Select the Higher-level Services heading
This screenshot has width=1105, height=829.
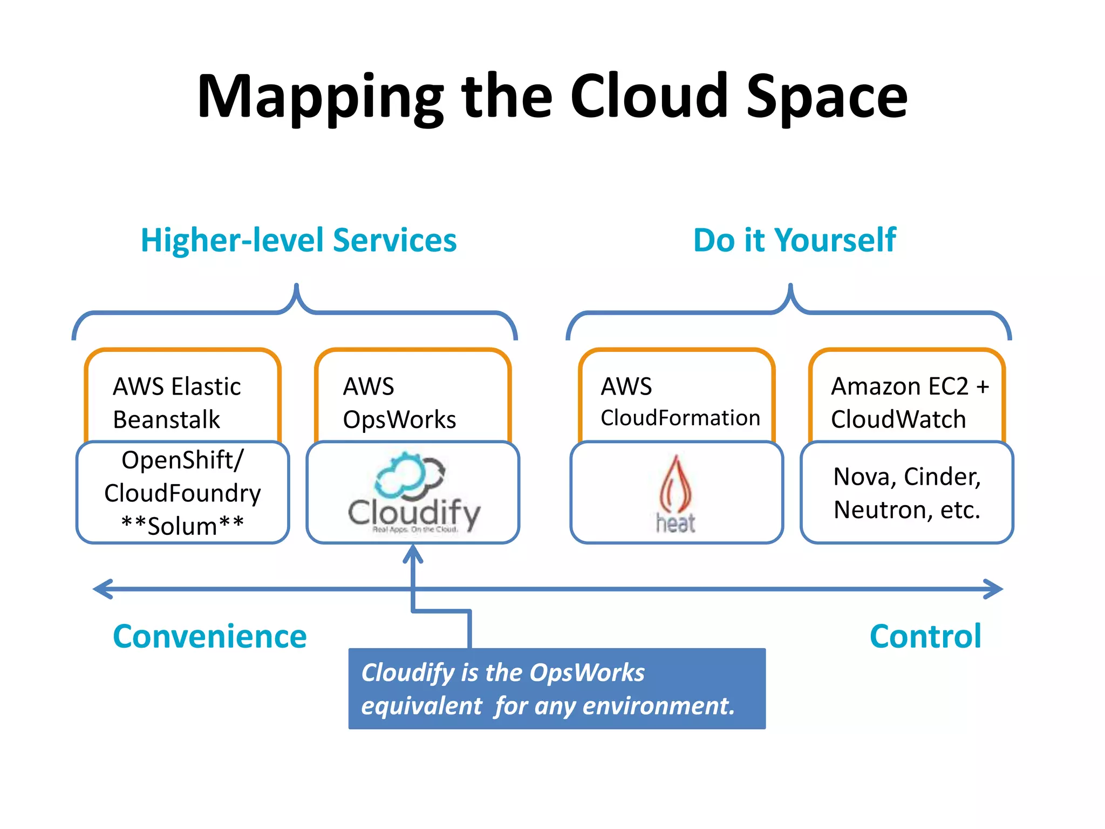point(298,240)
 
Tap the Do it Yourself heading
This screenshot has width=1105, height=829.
point(794,240)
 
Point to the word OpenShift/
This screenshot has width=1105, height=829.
point(182,460)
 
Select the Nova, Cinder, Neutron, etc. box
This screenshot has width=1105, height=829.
point(907,493)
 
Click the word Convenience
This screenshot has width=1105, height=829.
point(209,636)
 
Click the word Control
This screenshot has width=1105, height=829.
point(925,636)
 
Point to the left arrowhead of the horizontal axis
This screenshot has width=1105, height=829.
point(103,589)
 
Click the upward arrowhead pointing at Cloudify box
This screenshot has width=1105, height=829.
point(413,553)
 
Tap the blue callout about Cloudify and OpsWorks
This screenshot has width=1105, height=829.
point(557,689)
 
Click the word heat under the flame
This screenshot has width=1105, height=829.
point(676,524)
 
